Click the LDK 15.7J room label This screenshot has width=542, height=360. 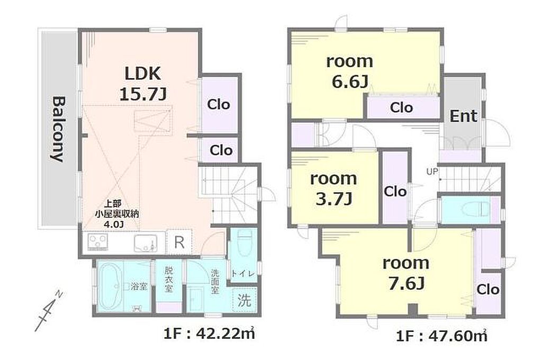(143, 84)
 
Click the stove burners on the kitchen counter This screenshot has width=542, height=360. (98, 241)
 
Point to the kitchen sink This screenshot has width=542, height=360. (146, 243)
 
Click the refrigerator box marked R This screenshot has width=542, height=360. (179, 242)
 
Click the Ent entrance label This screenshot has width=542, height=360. (463, 116)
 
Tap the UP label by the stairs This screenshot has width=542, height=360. (431, 171)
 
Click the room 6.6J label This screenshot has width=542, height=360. (350, 71)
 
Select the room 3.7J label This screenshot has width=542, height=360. (333, 189)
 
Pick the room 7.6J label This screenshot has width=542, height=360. (406, 273)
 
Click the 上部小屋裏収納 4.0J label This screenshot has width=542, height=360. (117, 214)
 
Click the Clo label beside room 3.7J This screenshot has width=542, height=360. (395, 191)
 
